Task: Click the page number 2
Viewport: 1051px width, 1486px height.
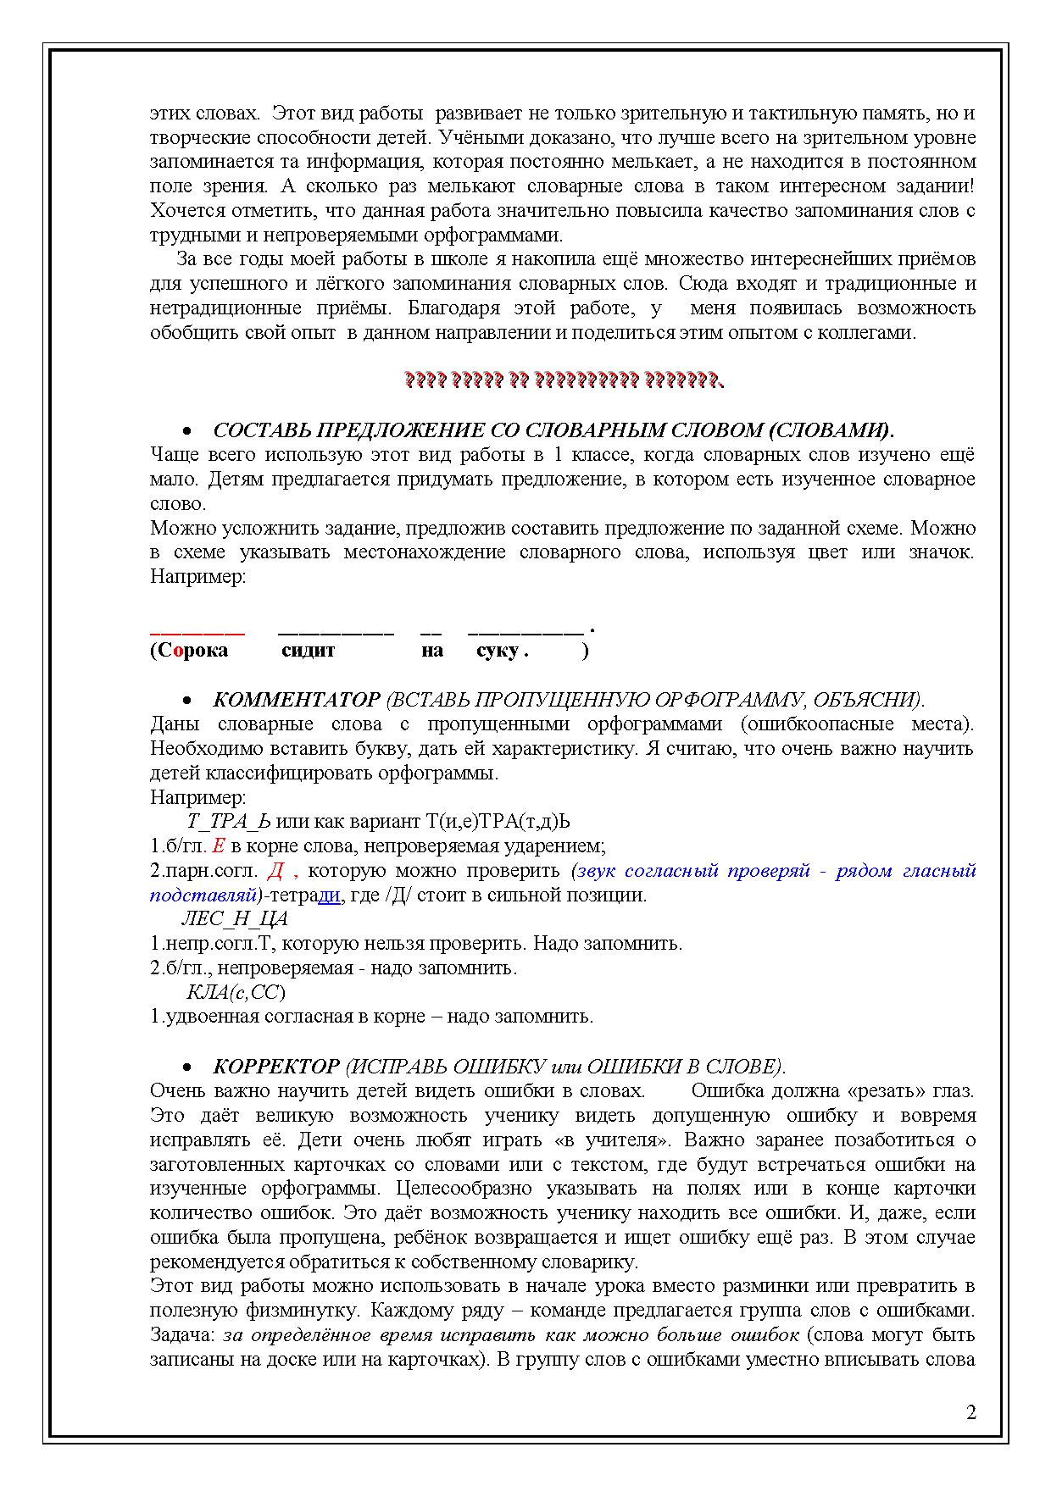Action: [x=970, y=1412]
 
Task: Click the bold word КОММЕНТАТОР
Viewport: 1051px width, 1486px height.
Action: [x=297, y=700]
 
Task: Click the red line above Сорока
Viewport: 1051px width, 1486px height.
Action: [x=197, y=631]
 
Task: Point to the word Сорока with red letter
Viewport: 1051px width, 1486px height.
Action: [x=192, y=651]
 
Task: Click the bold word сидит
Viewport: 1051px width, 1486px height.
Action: [x=308, y=651]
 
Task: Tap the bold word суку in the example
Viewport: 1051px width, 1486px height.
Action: [x=498, y=651]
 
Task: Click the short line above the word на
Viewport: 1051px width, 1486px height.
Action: [x=431, y=631]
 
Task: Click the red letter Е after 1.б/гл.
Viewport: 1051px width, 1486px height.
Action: [x=218, y=846]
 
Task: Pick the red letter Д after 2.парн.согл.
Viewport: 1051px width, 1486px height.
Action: [x=275, y=870]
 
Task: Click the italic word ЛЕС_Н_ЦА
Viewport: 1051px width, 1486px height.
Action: [x=235, y=919]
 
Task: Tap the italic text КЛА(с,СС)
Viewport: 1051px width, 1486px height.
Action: [x=236, y=992]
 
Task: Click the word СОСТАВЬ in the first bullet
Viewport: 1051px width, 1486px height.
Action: [x=254, y=430]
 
